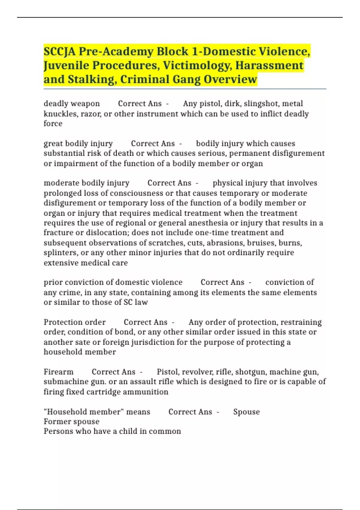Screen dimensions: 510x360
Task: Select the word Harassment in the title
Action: tap(269, 65)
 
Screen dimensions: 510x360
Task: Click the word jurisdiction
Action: tap(153, 342)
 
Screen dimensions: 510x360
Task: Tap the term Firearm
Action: tap(58, 372)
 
